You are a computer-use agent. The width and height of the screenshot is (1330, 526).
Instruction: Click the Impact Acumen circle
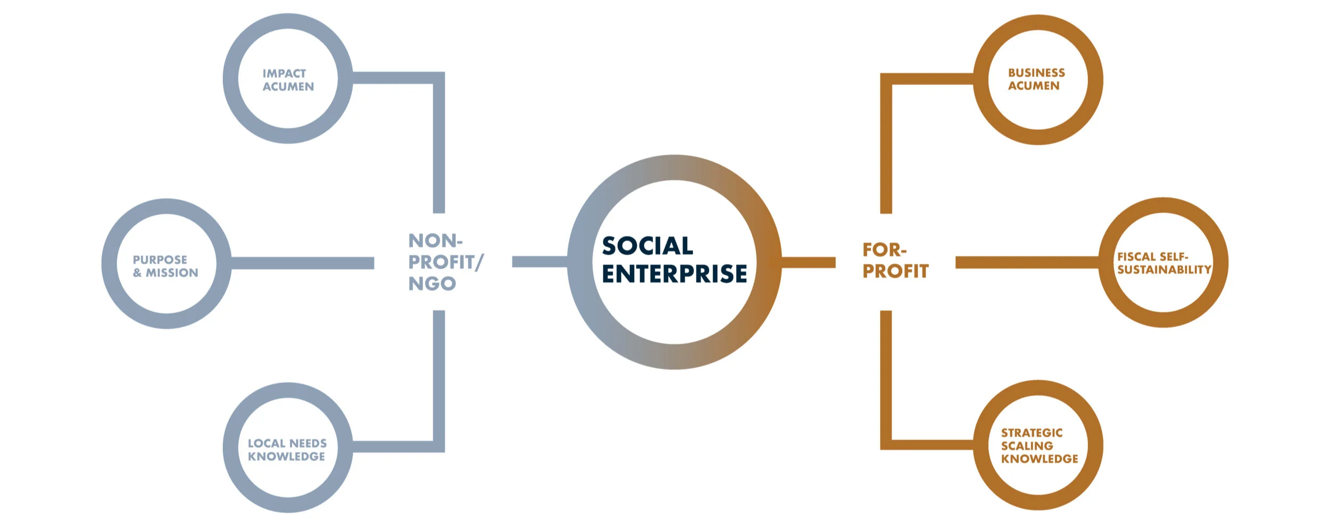click(x=287, y=79)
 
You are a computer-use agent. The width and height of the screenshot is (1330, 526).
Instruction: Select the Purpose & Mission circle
click(x=166, y=264)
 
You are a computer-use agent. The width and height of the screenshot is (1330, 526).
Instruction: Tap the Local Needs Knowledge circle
click(x=287, y=448)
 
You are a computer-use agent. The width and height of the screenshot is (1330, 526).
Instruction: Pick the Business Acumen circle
click(x=1037, y=80)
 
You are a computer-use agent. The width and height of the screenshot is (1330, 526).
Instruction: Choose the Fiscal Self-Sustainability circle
click(x=1163, y=263)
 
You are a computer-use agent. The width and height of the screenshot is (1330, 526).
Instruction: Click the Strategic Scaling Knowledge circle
click(x=1038, y=446)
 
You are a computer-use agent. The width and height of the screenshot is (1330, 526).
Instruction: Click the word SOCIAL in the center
click(x=647, y=246)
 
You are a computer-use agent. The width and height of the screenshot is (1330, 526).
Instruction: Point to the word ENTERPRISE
click(x=674, y=274)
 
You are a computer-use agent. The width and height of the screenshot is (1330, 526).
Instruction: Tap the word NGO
click(x=432, y=284)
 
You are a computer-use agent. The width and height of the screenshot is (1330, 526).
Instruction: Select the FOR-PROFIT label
click(x=895, y=261)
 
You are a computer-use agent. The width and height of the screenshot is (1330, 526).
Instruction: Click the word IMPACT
click(x=284, y=73)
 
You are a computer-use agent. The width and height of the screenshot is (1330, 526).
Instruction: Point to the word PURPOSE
click(x=160, y=260)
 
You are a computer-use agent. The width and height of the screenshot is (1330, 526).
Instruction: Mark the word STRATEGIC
click(x=1032, y=433)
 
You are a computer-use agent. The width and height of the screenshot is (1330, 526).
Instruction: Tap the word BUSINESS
click(x=1036, y=73)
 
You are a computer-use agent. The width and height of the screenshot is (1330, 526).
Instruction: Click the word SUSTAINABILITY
click(x=1164, y=270)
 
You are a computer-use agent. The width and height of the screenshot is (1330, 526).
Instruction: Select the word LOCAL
click(x=267, y=443)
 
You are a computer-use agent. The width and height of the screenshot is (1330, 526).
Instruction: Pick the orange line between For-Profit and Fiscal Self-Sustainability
click(x=1027, y=262)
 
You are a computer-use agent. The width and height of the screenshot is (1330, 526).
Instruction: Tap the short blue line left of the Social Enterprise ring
click(x=539, y=262)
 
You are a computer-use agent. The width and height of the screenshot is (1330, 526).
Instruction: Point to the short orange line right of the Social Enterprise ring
click(x=808, y=262)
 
